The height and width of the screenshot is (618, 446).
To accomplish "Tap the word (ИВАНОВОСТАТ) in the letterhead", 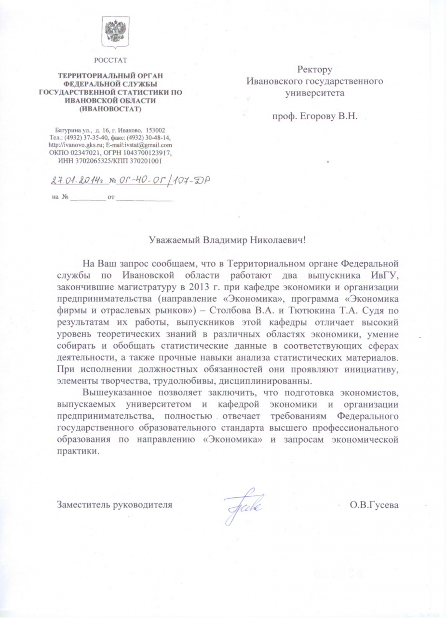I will click(x=111, y=109).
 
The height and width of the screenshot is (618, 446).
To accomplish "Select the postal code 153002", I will click(x=155, y=130).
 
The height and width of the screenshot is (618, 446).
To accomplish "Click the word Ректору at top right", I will click(x=314, y=70).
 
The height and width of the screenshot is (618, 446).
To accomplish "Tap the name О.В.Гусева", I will click(x=375, y=506).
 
